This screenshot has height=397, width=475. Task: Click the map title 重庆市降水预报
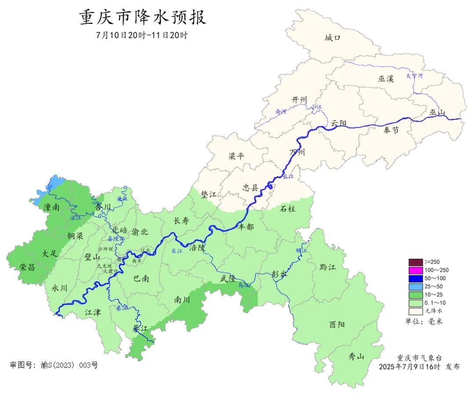142,18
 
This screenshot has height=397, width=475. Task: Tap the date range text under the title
142,36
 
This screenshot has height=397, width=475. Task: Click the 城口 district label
332,38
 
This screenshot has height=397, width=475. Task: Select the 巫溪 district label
386,79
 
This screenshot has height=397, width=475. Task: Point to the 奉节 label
391,130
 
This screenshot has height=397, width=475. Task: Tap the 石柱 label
288,209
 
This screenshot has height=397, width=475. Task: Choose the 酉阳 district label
337,325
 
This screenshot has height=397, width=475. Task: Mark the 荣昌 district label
27,267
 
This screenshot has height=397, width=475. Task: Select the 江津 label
93,312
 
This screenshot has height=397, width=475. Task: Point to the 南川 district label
182,300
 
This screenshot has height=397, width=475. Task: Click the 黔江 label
328,267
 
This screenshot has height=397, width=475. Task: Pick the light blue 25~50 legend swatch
415,287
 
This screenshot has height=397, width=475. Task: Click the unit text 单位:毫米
424,322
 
